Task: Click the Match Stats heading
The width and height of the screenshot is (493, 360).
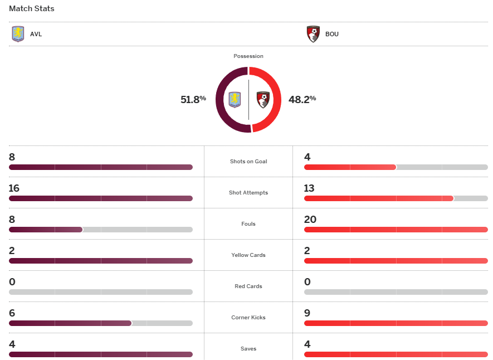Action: pos(32,9)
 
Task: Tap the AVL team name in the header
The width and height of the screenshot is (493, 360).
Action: pos(36,34)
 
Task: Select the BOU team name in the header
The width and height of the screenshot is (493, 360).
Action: pos(331,34)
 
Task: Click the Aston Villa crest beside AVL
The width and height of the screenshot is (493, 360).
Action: pos(18,34)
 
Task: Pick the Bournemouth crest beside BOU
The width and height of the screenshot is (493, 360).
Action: pos(313,34)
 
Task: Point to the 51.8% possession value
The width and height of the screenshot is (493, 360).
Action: pos(193,99)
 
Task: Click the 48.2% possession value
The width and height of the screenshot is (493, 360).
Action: pos(302,99)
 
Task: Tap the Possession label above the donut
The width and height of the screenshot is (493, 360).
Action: pos(248,56)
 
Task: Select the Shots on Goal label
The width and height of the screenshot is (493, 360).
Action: pos(248,162)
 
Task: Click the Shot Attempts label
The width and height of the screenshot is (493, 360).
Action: pos(248,193)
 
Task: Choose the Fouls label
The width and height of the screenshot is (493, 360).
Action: pos(248,224)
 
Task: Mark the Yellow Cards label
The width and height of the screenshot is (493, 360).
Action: pos(248,255)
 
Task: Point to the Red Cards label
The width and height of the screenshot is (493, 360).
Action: pos(248,286)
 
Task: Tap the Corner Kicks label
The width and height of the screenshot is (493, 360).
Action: pos(248,318)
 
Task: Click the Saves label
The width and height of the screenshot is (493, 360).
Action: pos(248,349)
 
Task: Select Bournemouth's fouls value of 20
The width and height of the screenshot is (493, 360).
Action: pos(310,220)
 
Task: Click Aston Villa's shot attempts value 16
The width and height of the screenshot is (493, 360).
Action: pos(14,188)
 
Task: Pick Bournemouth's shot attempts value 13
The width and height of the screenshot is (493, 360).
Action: pos(310,188)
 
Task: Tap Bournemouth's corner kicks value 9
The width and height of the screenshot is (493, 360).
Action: pos(307,313)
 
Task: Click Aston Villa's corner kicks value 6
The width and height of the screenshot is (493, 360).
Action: pos(12,313)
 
